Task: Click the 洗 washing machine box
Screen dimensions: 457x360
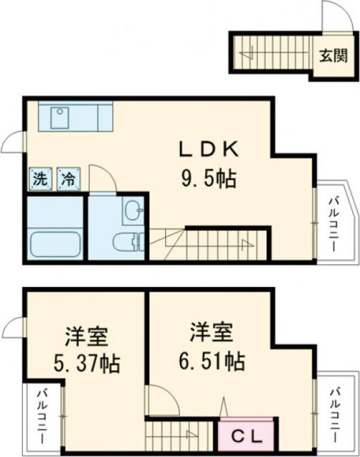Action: coord(39,179)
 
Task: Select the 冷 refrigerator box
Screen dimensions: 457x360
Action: coord(69,179)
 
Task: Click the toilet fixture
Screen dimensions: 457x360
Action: coord(129,243)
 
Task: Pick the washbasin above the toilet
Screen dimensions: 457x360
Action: coord(132,210)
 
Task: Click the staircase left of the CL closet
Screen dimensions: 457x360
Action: coord(179,433)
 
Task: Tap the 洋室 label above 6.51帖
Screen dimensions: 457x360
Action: coord(211,333)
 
